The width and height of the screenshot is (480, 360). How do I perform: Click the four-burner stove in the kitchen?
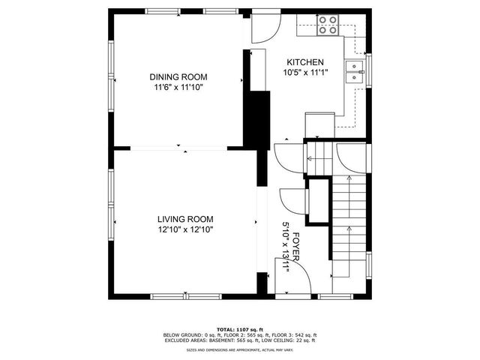(327, 25)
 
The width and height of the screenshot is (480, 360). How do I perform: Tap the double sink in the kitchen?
(353, 71)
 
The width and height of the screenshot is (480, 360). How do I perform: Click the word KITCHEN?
(304, 62)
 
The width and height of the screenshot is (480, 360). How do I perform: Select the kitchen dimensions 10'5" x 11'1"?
(304, 73)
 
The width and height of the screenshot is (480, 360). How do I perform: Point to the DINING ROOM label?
(178, 76)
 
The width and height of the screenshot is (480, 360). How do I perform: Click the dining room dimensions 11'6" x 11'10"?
(178, 87)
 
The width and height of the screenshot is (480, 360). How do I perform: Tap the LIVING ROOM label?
(185, 219)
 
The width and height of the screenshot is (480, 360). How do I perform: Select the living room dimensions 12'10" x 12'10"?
(185, 230)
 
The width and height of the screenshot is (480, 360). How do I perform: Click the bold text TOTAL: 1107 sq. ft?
(240, 329)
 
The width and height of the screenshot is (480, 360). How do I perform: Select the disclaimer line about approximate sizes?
(240, 349)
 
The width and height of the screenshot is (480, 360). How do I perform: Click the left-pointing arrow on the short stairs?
(309, 157)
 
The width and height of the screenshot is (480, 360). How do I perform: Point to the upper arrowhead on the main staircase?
(350, 178)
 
